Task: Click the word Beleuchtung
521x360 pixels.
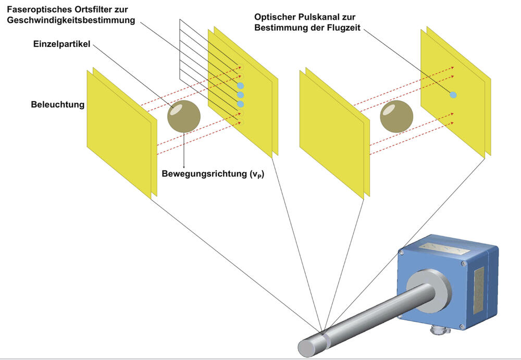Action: (x=57, y=105)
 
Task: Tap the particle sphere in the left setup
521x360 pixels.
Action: (x=184, y=116)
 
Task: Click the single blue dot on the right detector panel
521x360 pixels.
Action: (x=453, y=95)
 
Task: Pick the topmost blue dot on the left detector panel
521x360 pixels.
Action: (x=240, y=85)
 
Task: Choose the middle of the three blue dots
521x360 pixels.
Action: (x=240, y=95)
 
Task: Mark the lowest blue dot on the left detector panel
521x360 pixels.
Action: (x=240, y=104)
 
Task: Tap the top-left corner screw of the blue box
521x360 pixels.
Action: (x=402, y=252)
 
